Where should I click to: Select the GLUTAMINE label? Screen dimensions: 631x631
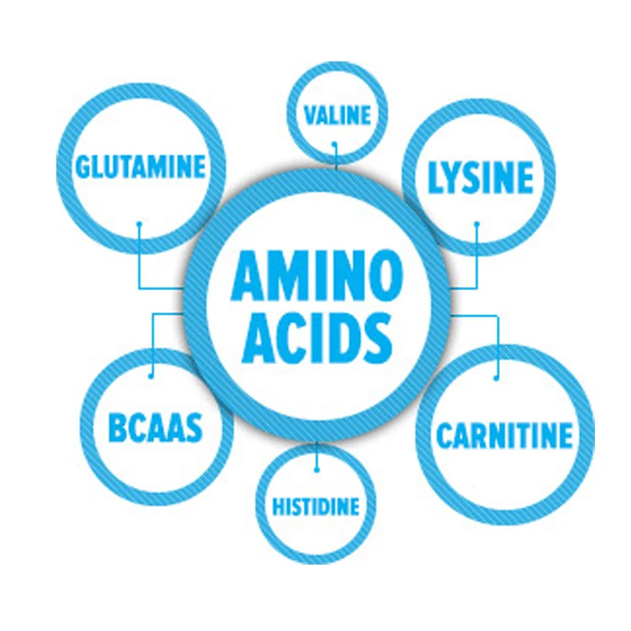[x=140, y=166]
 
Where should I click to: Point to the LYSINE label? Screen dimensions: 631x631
[x=480, y=178]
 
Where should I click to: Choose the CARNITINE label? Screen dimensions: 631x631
[x=504, y=436]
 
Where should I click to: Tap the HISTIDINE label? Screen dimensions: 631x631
[x=315, y=506]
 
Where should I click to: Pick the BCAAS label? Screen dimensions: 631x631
[x=156, y=428]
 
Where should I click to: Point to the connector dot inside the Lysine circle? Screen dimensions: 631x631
[x=476, y=224]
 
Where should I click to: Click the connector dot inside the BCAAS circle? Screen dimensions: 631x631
[x=151, y=375]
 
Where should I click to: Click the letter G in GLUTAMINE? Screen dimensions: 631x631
[x=83, y=166]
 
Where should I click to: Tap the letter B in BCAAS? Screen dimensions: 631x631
[x=117, y=428]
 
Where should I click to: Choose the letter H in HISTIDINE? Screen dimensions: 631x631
[x=277, y=506]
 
